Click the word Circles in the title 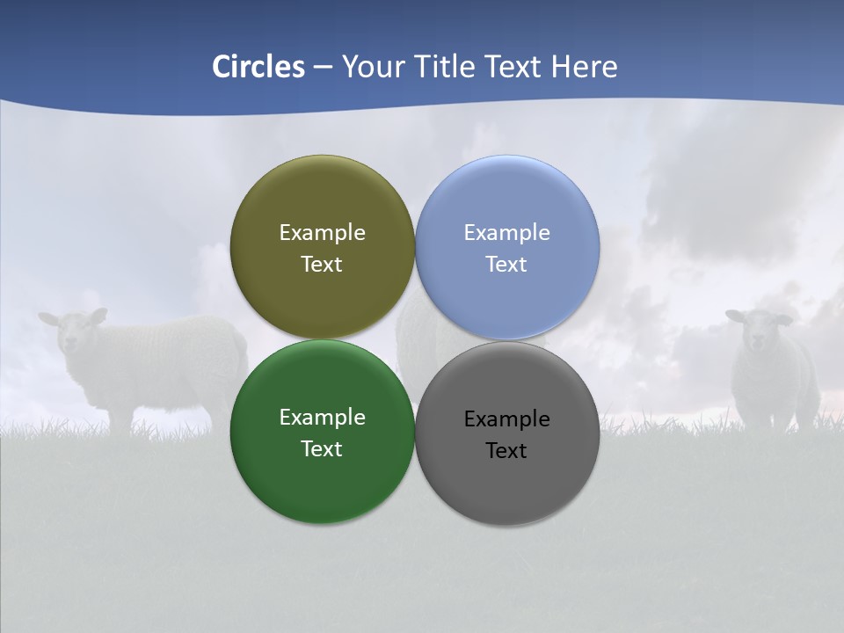[x=258, y=67]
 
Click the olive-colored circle [x=322, y=202]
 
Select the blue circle [x=507, y=202]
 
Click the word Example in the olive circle [x=322, y=232]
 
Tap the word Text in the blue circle [x=506, y=264]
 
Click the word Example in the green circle [x=322, y=417]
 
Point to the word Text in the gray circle [x=506, y=450]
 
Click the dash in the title [x=323, y=67]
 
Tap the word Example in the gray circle [x=506, y=418]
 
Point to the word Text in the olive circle [x=322, y=264]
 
